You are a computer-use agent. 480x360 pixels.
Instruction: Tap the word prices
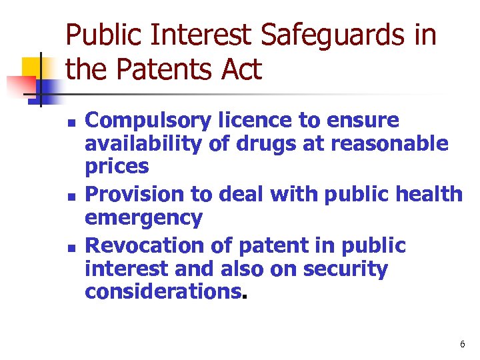[x=117, y=166]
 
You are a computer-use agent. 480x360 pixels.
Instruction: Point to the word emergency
[x=143, y=218]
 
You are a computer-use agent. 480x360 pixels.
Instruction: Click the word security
[x=345, y=269]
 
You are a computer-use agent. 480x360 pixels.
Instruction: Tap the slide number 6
[x=462, y=345]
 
